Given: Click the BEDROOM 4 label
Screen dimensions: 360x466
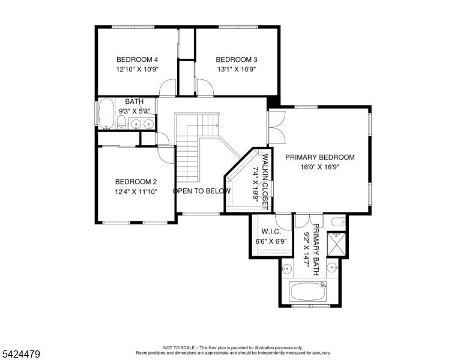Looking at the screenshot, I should tap(137, 59).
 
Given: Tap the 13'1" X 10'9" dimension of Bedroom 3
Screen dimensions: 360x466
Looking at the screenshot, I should tap(236, 69).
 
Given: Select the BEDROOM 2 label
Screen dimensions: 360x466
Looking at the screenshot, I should tap(136, 182).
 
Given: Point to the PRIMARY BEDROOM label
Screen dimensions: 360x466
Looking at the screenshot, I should tap(319, 157).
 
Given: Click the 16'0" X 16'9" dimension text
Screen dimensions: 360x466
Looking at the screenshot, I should tap(319, 167).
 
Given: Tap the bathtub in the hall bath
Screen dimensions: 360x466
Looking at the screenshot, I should tap(106, 113).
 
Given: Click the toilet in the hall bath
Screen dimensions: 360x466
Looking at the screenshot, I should tap(121, 124).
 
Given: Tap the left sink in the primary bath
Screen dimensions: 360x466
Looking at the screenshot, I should tap(287, 268).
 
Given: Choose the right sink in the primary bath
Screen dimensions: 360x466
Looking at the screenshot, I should tap(331, 266).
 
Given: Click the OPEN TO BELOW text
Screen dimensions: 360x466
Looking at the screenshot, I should tap(202, 191).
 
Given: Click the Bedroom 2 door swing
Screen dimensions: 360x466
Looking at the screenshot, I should tap(164, 152).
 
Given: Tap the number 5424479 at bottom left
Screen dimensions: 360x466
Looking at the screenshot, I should tap(20, 354).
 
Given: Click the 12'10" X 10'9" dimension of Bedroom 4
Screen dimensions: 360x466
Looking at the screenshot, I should tap(137, 69).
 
